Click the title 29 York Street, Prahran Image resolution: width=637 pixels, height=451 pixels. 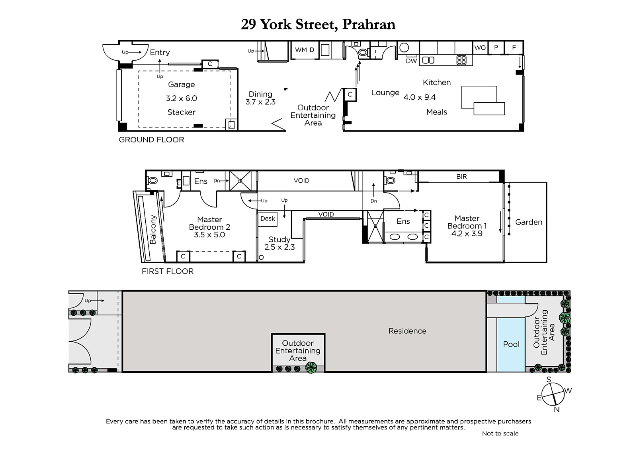click(x=318, y=25)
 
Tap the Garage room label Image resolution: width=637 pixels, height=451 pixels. click(x=182, y=85)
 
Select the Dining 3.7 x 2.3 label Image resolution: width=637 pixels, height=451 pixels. click(x=260, y=98)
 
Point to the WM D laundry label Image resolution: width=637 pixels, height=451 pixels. click(x=304, y=50)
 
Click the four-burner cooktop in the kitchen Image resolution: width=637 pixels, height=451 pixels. click(x=461, y=60)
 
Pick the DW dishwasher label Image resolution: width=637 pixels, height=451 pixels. click(x=411, y=61)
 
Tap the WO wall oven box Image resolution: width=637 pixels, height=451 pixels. click(x=480, y=47)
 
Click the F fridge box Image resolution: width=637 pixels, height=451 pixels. click(x=514, y=47)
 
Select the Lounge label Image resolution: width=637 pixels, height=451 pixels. click(x=385, y=93)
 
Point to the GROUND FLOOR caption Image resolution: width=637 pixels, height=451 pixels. click(x=151, y=140)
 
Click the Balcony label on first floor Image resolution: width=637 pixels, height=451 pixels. click(x=153, y=230)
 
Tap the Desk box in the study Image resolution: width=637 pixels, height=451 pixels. click(x=267, y=219)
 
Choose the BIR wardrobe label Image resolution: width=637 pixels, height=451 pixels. click(x=461, y=177)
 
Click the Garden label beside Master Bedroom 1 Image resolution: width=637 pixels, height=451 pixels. click(x=529, y=222)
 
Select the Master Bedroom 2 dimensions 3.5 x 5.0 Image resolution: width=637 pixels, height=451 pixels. click(x=209, y=235)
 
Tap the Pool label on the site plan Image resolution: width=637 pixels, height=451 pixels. click(x=511, y=344)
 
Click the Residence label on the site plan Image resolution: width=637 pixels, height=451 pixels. click(x=407, y=331)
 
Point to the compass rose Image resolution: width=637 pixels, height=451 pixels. click(x=553, y=395)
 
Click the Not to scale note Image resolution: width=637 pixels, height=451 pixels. click(x=500, y=433)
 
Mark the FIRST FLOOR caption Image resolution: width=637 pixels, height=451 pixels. click(x=168, y=271)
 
